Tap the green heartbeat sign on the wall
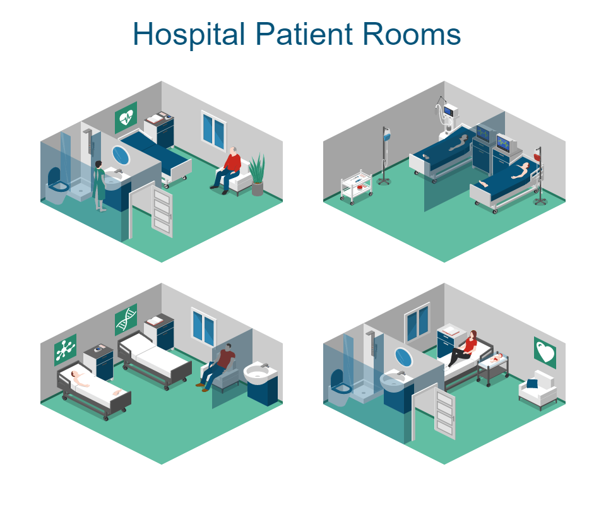coord(126,117)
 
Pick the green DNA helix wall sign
coord(126,319)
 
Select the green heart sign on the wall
coord(545,352)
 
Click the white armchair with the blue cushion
coord(538,388)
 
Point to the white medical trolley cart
coord(356,186)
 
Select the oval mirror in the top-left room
coord(120,154)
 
